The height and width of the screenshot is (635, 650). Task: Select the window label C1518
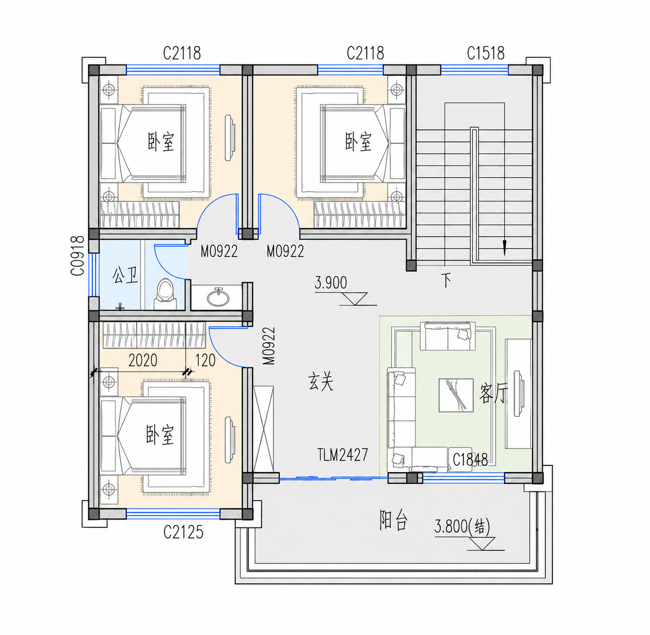(486, 53)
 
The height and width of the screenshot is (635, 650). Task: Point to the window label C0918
(77, 256)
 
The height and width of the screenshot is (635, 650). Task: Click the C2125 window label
(183, 532)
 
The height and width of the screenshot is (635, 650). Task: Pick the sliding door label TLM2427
(342, 454)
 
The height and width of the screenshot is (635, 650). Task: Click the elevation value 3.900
(331, 283)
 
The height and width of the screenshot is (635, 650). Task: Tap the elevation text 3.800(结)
(462, 526)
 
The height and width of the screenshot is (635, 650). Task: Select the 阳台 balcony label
(393, 520)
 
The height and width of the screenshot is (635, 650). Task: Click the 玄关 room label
(321, 382)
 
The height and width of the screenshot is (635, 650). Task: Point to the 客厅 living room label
(493, 393)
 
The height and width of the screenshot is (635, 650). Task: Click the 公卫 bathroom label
(125, 275)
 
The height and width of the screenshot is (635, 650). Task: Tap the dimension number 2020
(143, 360)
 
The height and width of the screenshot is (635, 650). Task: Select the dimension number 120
(205, 360)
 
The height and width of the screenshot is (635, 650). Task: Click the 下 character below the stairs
(446, 280)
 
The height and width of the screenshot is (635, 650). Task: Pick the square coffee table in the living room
(456, 395)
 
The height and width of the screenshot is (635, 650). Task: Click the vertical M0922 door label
(269, 346)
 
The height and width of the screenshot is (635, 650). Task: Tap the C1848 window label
(470, 460)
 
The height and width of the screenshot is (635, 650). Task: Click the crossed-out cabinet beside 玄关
(264, 429)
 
